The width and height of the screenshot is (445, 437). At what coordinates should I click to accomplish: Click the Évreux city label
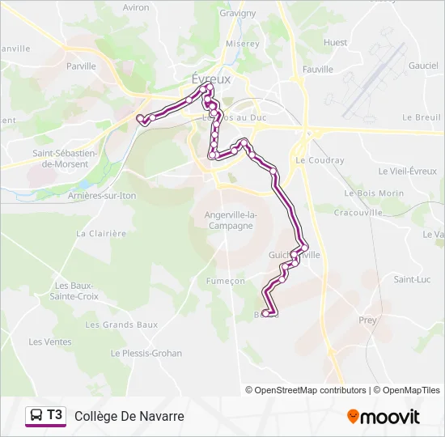(x=211, y=78)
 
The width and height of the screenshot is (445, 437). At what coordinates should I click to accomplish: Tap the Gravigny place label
(x=237, y=13)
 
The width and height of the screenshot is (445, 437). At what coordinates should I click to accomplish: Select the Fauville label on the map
(x=317, y=70)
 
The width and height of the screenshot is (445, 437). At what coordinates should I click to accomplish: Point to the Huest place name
(x=335, y=42)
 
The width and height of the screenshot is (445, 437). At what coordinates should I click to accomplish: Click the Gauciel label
(x=423, y=66)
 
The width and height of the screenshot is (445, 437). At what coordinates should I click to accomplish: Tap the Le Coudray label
(x=320, y=160)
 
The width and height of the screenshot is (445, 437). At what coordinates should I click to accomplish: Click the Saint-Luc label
(x=411, y=279)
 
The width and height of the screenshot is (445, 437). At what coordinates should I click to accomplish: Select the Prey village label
(x=367, y=320)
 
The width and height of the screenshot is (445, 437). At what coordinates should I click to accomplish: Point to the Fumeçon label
(x=226, y=281)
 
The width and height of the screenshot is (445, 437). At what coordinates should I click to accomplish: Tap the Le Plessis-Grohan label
(x=146, y=353)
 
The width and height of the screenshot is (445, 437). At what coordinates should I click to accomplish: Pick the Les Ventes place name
(x=50, y=342)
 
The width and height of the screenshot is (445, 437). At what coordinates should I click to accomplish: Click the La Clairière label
(x=101, y=233)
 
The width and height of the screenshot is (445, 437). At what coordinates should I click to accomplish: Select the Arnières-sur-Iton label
(x=102, y=196)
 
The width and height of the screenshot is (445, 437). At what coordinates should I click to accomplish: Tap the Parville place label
(x=82, y=66)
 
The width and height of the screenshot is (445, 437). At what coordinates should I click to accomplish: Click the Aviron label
(x=136, y=7)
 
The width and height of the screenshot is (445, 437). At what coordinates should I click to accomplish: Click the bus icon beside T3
(x=36, y=416)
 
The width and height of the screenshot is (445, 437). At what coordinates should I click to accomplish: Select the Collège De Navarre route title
(x=129, y=416)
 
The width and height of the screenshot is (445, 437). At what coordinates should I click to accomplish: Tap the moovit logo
(x=384, y=417)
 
